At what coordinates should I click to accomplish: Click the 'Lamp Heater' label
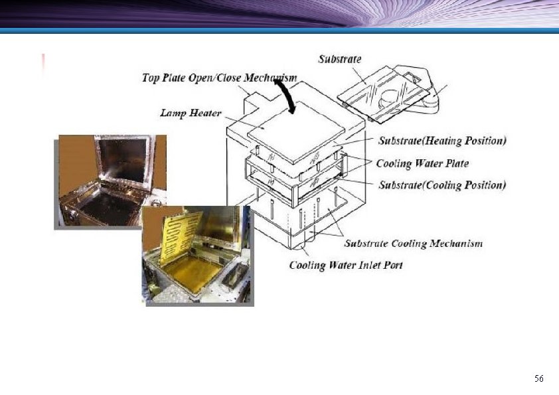click(191, 113)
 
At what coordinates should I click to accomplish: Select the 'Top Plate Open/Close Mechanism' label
click(219, 78)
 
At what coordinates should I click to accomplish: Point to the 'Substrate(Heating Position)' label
click(442, 141)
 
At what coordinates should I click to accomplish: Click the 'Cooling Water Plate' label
click(422, 163)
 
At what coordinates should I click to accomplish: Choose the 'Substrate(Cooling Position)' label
click(442, 185)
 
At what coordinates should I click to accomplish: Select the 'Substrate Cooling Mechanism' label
click(413, 244)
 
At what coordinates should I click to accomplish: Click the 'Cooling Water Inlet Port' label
click(346, 266)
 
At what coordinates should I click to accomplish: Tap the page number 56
click(538, 378)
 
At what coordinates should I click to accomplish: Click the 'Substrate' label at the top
click(340, 59)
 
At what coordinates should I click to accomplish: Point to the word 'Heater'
click(205, 113)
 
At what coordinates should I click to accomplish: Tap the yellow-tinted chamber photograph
click(198, 255)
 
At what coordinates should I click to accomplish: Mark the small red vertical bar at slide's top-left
click(44, 64)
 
